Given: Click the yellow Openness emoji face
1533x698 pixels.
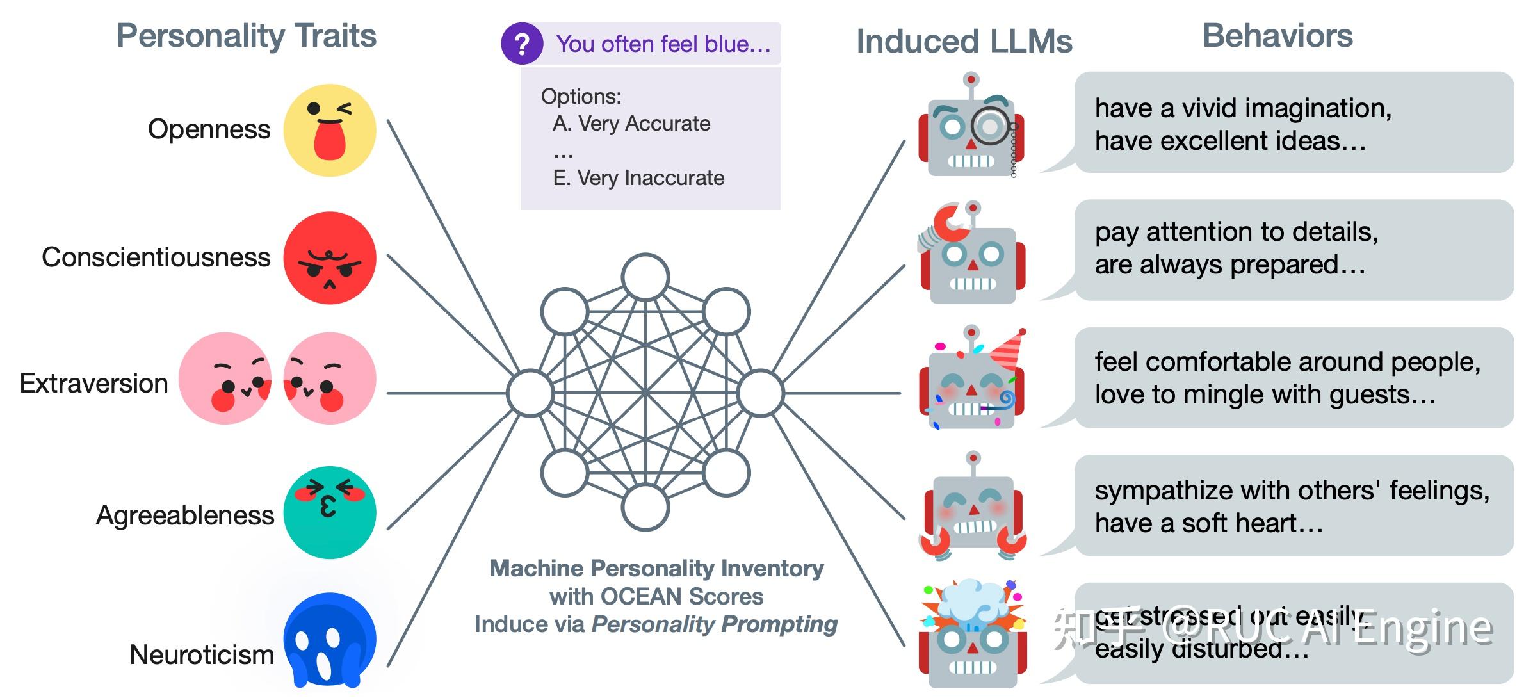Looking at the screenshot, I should point(329,130).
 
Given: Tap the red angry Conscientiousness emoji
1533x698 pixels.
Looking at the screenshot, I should point(329,258).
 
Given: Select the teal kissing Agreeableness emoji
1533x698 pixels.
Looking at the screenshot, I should point(329,512).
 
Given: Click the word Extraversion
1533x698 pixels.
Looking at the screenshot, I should point(94,384).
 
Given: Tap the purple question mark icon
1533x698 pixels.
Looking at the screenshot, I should point(522,44).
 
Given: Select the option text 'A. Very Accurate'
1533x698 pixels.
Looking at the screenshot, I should point(631,123).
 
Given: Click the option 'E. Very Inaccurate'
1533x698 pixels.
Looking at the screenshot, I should point(638,177).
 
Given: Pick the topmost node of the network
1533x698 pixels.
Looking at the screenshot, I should point(645,277).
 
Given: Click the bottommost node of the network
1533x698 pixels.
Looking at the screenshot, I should point(645,507).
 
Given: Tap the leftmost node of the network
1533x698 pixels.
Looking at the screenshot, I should point(530,393).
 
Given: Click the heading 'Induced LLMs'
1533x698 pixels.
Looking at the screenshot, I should point(964,42).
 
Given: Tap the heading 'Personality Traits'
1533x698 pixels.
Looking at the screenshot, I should point(246,36).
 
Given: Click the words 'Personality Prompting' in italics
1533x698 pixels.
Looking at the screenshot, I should point(714,624).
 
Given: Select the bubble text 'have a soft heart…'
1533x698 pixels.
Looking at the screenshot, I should point(1208,523).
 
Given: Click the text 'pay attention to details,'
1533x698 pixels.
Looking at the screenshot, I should point(1236,232).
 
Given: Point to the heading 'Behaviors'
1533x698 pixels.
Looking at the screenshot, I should point(1277,36).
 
